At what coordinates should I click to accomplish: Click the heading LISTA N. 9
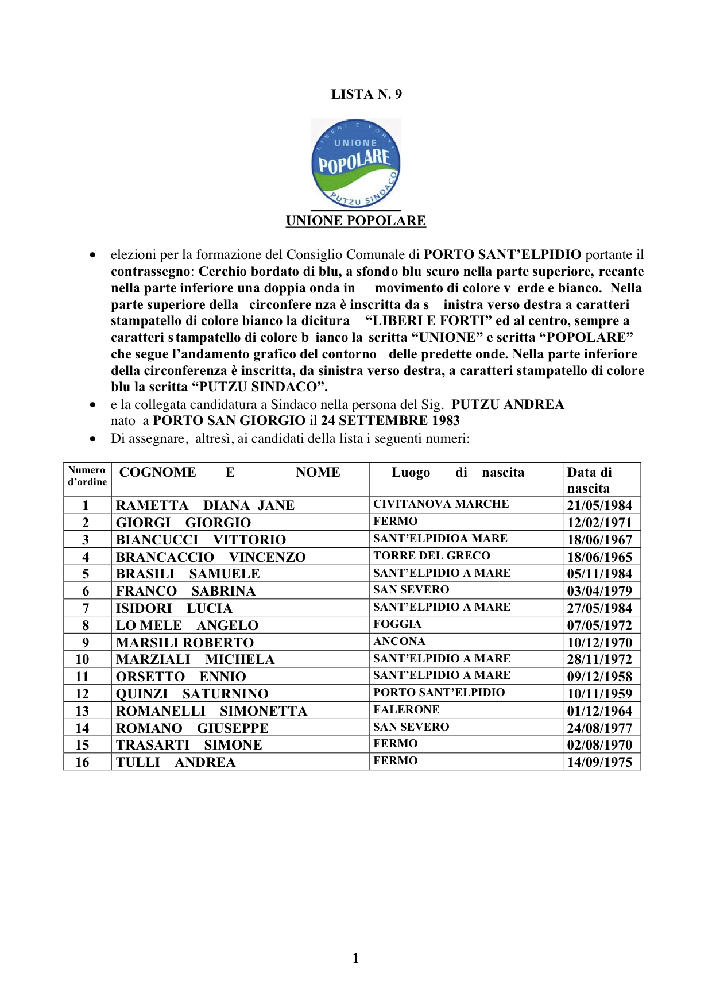click(x=366, y=94)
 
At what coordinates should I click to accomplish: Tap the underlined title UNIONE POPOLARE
click(x=356, y=221)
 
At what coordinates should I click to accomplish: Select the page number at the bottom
click(x=355, y=957)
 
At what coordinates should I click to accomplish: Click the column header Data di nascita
click(x=589, y=480)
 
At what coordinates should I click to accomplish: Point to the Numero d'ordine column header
click(x=87, y=476)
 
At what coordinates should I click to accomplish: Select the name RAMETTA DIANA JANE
click(x=205, y=505)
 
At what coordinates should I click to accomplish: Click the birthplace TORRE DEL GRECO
click(x=432, y=555)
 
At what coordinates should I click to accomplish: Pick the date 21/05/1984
click(x=599, y=505)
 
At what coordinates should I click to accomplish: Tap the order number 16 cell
click(x=82, y=762)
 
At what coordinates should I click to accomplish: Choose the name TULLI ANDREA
click(x=176, y=762)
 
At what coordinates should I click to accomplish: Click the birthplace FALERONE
click(x=407, y=709)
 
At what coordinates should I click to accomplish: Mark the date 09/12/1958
click(x=599, y=677)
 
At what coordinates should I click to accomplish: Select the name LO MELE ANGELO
click(x=187, y=625)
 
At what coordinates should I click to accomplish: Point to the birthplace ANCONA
click(x=399, y=641)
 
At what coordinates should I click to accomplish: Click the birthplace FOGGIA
click(x=397, y=624)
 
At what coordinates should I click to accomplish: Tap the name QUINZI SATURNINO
click(x=192, y=694)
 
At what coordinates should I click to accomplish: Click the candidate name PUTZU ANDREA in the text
click(x=508, y=404)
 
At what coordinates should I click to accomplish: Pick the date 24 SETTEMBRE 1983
click(x=390, y=420)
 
